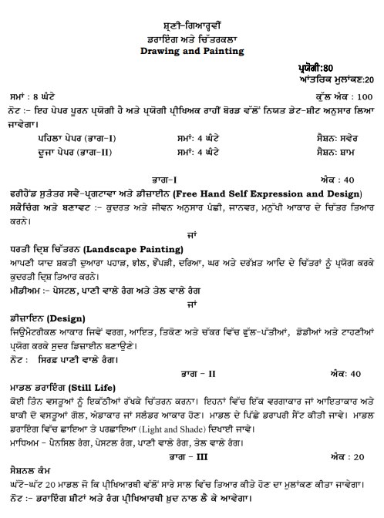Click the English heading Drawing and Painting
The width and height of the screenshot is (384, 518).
coord(191,51)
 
